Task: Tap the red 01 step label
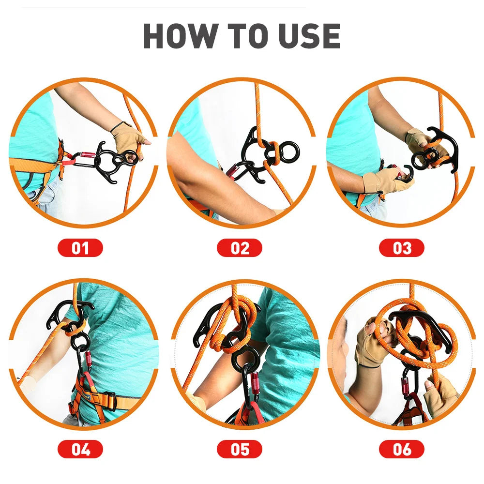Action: click(x=80, y=248)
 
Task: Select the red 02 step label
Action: click(x=240, y=248)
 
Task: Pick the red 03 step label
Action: click(x=401, y=248)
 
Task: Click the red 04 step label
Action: click(x=80, y=449)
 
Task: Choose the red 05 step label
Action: click(x=240, y=449)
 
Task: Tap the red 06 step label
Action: click(x=401, y=449)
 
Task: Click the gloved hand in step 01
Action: click(x=128, y=137)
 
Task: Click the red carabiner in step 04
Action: click(x=88, y=361)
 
